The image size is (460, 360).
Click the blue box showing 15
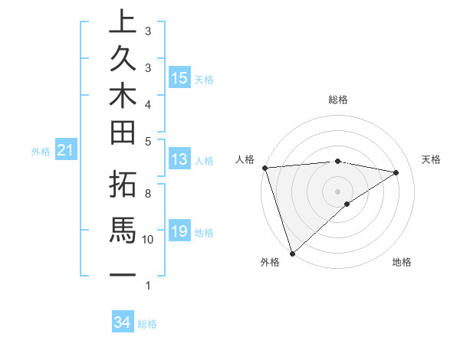click(179, 78)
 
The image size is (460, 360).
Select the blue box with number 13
click(179, 159)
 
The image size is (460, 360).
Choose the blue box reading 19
click(179, 231)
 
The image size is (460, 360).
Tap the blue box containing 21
click(66, 151)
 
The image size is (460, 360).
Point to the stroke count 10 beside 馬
click(148, 240)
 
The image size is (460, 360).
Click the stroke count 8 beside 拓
click(148, 193)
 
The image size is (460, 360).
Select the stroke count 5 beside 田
click(148, 141)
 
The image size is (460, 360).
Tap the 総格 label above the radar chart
click(337, 100)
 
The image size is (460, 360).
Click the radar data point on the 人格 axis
click(264, 168)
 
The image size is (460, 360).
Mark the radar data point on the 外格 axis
click(293, 252)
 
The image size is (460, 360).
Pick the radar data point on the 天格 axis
click(396, 172)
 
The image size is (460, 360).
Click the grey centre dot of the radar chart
click(337, 191)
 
